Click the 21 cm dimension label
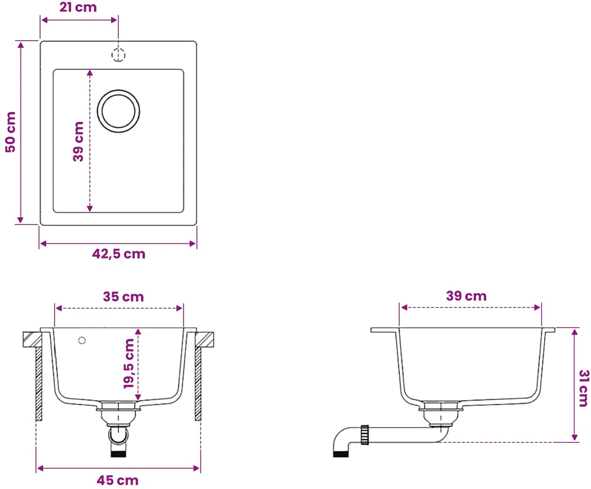click(78, 7)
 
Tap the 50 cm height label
click(10, 132)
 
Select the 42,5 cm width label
click(118, 254)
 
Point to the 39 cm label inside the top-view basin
click(78, 142)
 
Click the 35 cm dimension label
click(123, 297)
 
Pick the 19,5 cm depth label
click(129, 363)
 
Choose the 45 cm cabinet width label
click(118, 480)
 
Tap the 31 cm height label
click(584, 388)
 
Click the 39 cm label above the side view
click(466, 296)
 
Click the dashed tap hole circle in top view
click(118, 55)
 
